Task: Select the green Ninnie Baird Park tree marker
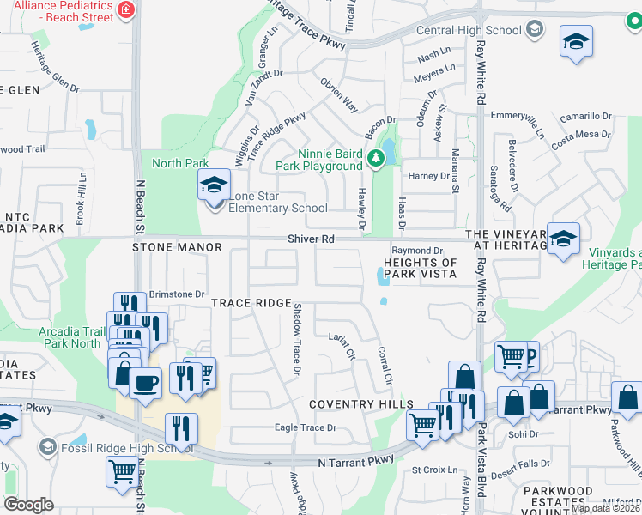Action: pos(375,158)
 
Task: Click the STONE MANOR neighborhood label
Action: pos(177,247)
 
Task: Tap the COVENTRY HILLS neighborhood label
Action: pos(361,404)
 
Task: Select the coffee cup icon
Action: pos(145,383)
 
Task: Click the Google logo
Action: pos(27,505)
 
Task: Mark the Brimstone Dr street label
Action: pos(177,294)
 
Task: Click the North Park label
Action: pos(180,163)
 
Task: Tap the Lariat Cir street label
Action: pos(342,346)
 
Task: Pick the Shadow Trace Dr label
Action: pos(296,339)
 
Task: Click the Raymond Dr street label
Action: pos(421,250)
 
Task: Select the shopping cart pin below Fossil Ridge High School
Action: pos(121,471)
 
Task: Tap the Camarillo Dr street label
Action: pos(583,116)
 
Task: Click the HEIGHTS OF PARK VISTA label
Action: pos(420,268)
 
